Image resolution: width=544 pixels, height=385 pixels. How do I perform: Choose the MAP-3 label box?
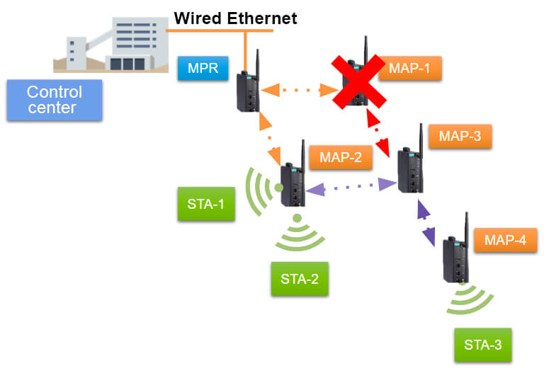coord(460,136)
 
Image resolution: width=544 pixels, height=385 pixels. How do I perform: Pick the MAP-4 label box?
coord(505,240)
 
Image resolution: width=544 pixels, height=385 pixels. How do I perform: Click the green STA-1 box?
coord(205,205)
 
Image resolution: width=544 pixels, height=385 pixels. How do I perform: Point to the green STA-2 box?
coord(300,278)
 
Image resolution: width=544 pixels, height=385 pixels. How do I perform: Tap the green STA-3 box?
coord(482,345)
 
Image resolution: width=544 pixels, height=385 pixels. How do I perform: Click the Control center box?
coord(54,100)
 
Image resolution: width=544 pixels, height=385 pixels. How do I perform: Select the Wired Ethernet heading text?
coord(236,18)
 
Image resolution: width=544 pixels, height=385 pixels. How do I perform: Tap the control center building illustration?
coord(106,44)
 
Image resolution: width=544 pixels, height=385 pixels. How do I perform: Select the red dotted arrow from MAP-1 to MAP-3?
coord(378,134)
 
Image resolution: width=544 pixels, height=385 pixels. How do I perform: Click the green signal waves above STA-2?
coord(298,234)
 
